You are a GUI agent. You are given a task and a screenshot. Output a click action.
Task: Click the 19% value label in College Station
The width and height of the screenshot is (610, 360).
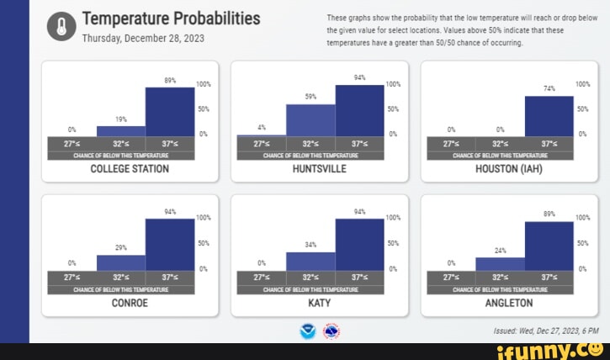[121, 119]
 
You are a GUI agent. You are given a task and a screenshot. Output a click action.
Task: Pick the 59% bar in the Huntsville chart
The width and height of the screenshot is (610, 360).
[310, 119]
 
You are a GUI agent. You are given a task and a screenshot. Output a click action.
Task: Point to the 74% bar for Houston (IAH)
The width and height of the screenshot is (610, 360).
[549, 115]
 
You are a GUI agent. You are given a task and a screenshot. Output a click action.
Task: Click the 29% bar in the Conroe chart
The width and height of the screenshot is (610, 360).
[121, 262]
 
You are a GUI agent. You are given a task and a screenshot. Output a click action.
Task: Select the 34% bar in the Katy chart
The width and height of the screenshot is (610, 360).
[310, 261]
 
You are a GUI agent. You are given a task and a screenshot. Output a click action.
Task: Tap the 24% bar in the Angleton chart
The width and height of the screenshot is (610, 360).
[500, 263]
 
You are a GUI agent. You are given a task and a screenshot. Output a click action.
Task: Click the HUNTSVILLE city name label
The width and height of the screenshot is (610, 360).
[319, 169]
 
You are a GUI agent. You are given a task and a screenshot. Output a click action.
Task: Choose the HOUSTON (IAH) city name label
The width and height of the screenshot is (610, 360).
[508, 169]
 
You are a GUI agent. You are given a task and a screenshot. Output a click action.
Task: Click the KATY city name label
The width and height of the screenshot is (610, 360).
[319, 303]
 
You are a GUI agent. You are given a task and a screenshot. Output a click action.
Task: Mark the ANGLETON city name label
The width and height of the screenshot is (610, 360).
[508, 303]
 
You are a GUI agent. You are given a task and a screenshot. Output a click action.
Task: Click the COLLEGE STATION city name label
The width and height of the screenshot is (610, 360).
[130, 169]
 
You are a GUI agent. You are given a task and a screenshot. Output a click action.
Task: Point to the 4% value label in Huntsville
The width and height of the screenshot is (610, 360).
[262, 127]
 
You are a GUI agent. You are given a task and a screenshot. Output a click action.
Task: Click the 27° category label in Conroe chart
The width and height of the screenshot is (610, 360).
[72, 277]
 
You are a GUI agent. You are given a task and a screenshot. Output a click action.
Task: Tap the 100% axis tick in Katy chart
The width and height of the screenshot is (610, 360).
[392, 218]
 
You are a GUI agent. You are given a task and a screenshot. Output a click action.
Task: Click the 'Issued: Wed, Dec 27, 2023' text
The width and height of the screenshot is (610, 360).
[534, 331]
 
